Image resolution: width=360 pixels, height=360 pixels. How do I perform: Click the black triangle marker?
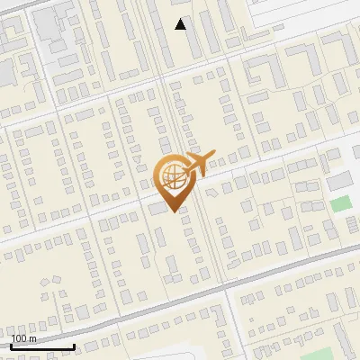click(181, 24)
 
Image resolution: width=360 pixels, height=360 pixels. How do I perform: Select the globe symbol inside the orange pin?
click(171, 174)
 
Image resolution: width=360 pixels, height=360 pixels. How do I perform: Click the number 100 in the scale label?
click(19, 338)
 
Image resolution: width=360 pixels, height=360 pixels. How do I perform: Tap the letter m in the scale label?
click(32, 338)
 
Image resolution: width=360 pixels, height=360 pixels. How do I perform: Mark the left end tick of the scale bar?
click(11, 346)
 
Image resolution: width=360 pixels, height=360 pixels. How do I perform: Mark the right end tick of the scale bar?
click(74, 346)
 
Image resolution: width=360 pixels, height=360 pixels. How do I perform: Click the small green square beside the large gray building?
click(338, 203)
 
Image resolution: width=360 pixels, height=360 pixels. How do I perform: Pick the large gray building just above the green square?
click(338, 182)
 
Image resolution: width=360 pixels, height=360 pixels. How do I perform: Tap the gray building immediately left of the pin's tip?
click(158, 208)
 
